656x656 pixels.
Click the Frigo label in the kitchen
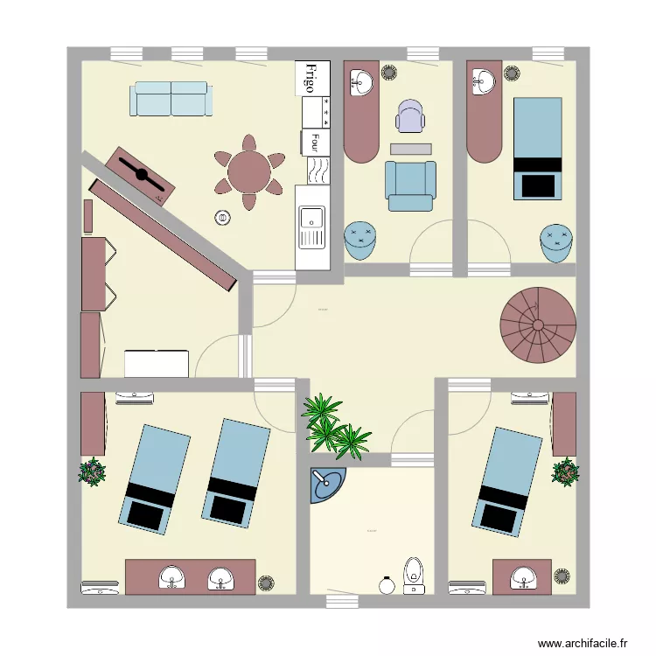[x=309, y=77]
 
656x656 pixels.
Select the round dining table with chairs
[x=250, y=172]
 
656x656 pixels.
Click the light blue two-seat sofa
[x=171, y=99]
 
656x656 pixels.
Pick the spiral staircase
[x=538, y=325]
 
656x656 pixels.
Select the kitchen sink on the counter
[x=311, y=226]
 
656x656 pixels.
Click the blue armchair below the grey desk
[x=410, y=185]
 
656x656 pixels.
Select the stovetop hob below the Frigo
[x=315, y=112]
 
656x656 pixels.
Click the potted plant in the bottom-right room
[x=566, y=471]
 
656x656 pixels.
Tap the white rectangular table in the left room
[x=157, y=363]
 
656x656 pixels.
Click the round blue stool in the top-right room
[x=556, y=242]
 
